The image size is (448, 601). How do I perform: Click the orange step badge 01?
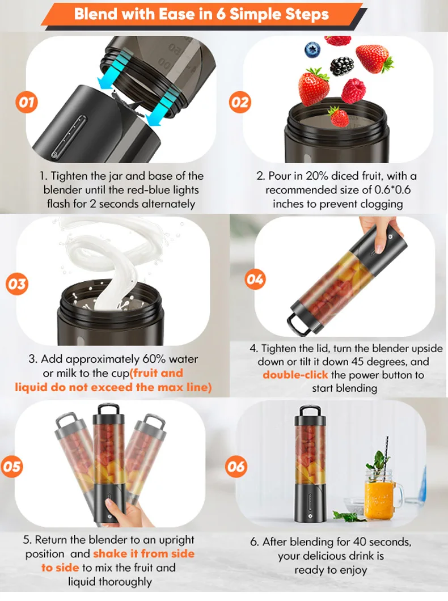[x=27, y=102]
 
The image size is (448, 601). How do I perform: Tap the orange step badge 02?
[x=240, y=102]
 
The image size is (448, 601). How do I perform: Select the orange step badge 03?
[x=17, y=284]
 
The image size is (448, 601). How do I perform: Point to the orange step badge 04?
[x=255, y=280]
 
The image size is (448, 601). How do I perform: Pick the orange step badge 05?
[x=12, y=467]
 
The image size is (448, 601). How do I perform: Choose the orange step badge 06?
[x=236, y=467]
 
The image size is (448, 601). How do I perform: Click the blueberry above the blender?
[x=312, y=50]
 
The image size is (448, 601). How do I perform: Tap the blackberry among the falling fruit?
[x=342, y=66]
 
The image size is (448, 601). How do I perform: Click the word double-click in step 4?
[x=295, y=374]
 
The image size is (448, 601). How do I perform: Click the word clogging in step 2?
[x=380, y=204]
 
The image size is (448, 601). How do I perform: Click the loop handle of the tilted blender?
[x=297, y=323]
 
